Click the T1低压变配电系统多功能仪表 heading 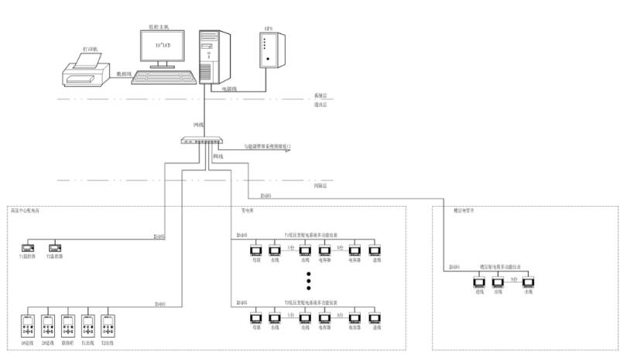pos(310,235)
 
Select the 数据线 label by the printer pos(123,74)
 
